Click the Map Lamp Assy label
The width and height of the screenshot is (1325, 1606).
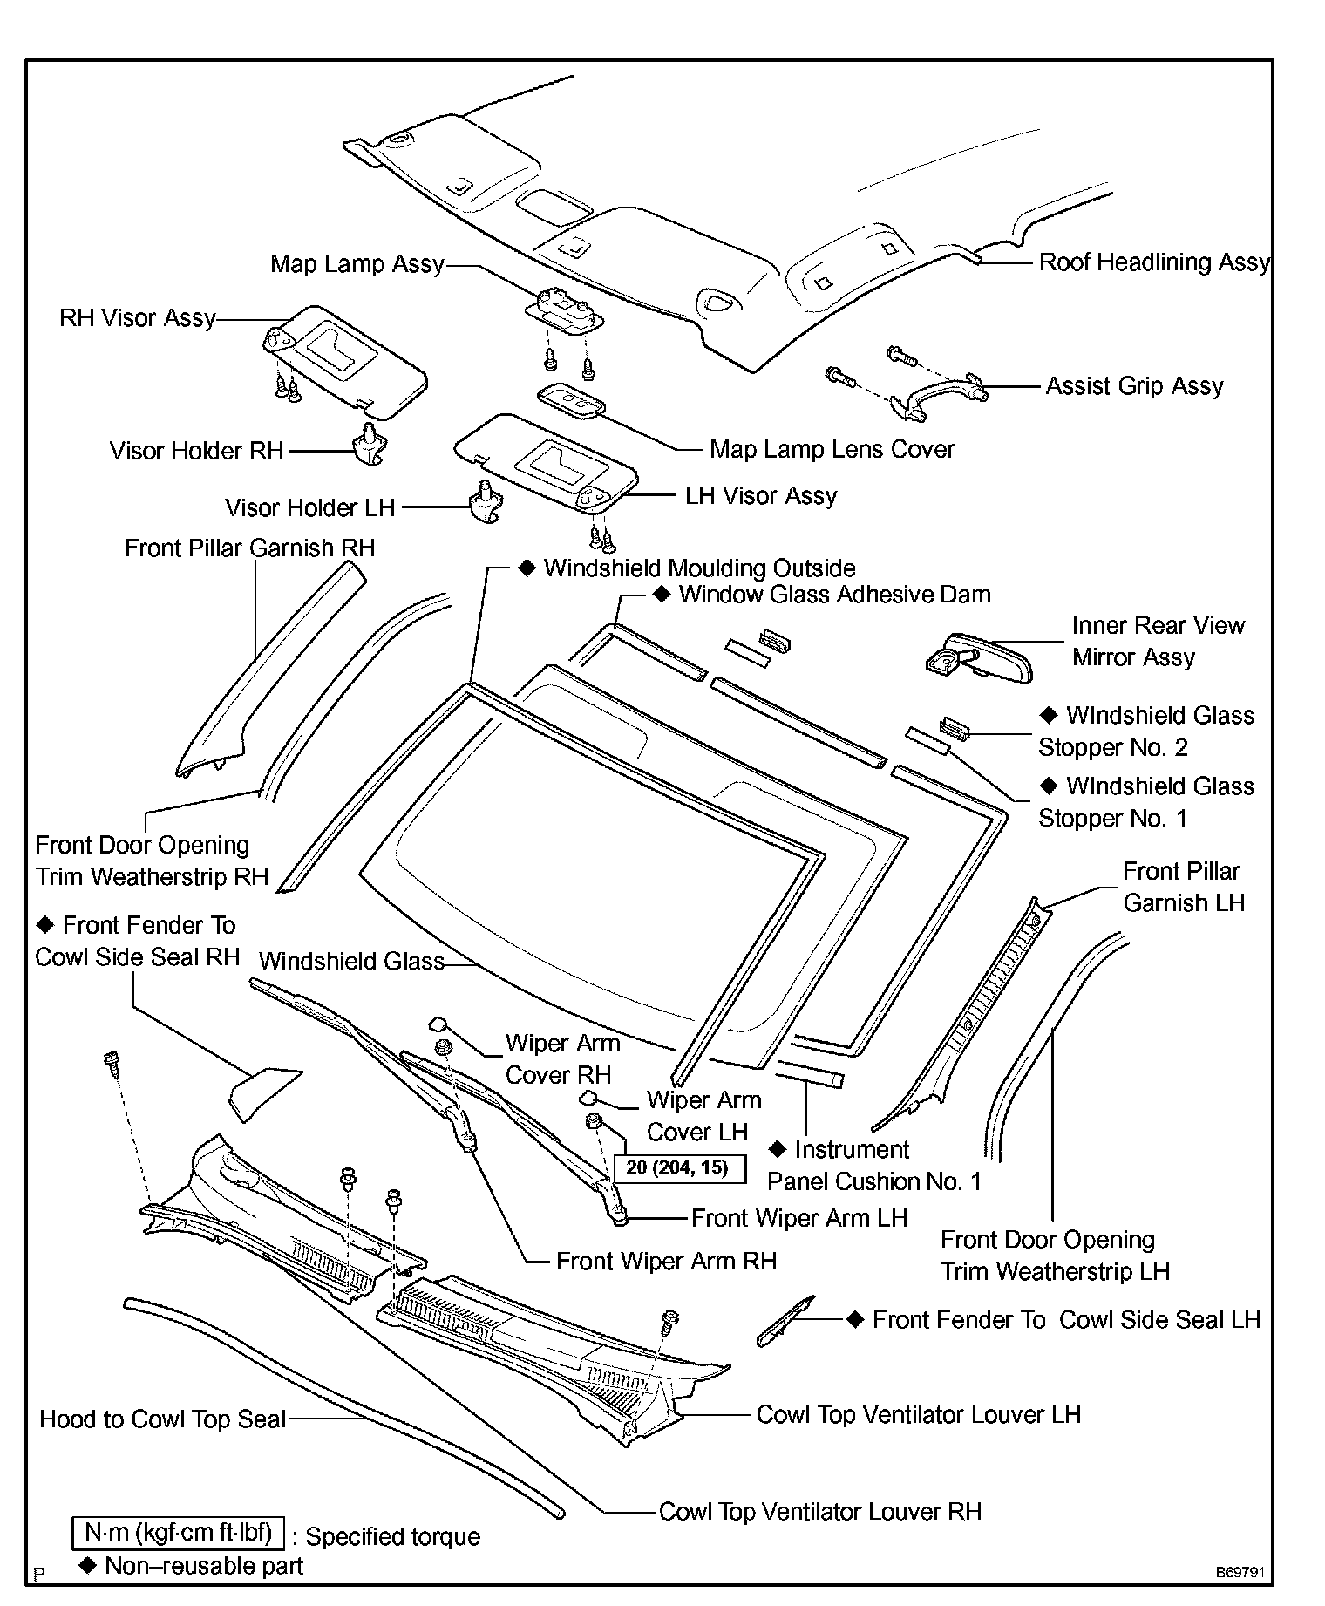(x=357, y=264)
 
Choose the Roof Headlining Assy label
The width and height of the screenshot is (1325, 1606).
(x=1153, y=262)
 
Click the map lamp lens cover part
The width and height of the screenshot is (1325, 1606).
(x=572, y=402)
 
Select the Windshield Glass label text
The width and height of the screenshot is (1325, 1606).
(x=351, y=962)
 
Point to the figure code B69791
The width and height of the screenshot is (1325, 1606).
(x=1240, y=1573)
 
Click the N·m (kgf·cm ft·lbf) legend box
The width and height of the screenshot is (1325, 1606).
(x=179, y=1532)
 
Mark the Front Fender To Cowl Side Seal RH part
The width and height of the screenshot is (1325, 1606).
(x=264, y=1092)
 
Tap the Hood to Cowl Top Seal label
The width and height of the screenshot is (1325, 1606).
(x=163, y=1419)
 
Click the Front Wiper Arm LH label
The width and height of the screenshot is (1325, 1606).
(x=798, y=1218)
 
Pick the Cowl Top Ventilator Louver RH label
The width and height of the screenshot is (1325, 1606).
(x=819, y=1511)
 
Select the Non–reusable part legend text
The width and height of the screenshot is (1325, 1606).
(x=202, y=1566)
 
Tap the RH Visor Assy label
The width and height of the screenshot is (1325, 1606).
(x=138, y=318)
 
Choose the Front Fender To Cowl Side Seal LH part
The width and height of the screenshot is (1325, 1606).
(x=785, y=1321)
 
